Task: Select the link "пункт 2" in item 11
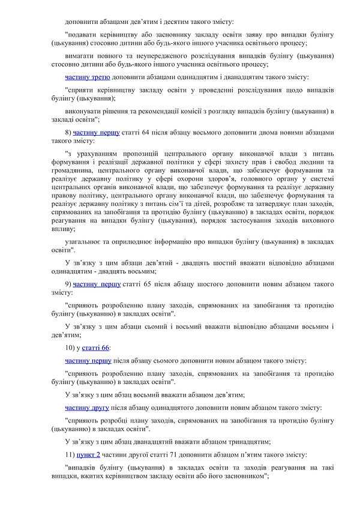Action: (x=90, y=456)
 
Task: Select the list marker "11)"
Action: (x=70, y=456)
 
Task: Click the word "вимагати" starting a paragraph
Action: (x=80, y=56)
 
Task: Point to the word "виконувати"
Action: (x=84, y=111)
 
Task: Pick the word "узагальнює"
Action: (x=86, y=240)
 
